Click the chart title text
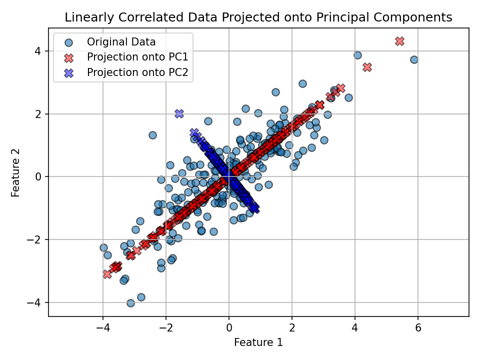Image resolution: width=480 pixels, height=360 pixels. coord(258,17)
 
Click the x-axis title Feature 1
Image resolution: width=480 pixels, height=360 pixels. coord(258,342)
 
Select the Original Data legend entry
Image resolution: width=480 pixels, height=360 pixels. coord(121,41)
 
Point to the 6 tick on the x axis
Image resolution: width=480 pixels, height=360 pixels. coord(418,328)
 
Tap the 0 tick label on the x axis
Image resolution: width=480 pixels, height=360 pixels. coord(229,328)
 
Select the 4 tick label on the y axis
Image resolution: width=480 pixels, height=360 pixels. coord(38,51)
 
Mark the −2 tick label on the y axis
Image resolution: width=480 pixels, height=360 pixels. coord(35,239)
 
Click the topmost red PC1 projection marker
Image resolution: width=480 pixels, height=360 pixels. coord(399,41)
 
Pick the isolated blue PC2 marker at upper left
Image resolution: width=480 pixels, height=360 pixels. coord(179,113)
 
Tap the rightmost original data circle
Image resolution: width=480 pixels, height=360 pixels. coord(414,59)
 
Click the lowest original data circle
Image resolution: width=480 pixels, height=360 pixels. coord(130,303)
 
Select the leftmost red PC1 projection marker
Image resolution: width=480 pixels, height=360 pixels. coord(107,274)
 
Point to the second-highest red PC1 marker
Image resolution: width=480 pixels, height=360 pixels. coord(367,67)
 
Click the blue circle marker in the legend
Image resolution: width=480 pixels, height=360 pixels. coord(68,41)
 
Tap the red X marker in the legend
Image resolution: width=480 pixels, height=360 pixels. coord(68,56)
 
